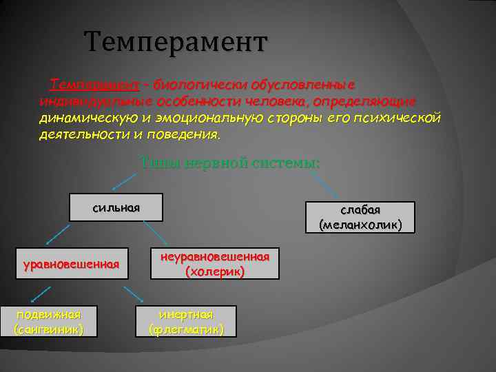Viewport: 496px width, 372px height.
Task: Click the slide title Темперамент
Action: click(x=175, y=43)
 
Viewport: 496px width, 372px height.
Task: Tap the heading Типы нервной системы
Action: click(x=230, y=163)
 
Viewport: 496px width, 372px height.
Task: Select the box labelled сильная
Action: click(x=116, y=207)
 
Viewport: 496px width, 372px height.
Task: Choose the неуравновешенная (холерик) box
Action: click(x=215, y=264)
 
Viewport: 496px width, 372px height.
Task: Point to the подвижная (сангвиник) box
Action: click(x=49, y=321)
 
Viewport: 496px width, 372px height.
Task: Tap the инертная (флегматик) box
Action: click(x=187, y=321)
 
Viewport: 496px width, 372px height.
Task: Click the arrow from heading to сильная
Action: click(x=125, y=180)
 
